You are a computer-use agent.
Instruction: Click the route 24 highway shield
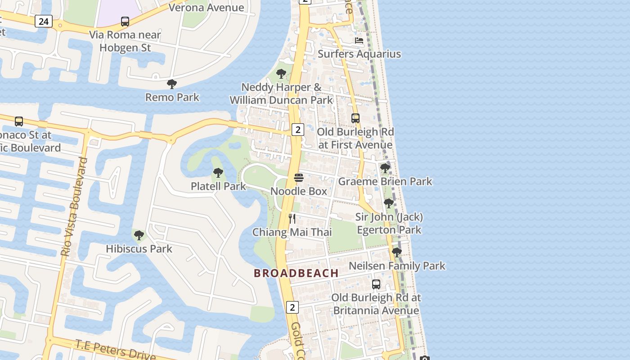coord(43,21)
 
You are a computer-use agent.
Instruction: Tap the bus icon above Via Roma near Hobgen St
coord(125,21)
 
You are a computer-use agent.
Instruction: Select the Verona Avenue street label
coord(207,7)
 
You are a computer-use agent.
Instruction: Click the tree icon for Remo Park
coord(171,84)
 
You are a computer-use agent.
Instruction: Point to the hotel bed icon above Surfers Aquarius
coord(359,40)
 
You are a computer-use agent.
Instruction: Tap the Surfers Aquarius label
coord(359,54)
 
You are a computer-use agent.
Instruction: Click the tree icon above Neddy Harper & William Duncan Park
coord(281,73)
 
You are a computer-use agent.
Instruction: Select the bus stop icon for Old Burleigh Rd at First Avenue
coord(355,118)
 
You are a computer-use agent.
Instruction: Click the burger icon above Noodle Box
coord(298,178)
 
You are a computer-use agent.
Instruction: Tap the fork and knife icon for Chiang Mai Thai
coord(292,219)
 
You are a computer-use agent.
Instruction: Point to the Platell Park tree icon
coord(218,172)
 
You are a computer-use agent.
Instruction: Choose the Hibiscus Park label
coord(139,248)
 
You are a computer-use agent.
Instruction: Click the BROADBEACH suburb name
coord(296,273)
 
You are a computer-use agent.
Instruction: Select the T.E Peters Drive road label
coord(115,351)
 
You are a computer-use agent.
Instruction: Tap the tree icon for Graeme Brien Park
coord(385,168)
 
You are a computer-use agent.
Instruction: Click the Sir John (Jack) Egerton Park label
coord(389,224)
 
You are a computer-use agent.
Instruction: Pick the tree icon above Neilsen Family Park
coord(396,252)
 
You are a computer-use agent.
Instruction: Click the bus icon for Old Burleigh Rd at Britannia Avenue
coord(376,284)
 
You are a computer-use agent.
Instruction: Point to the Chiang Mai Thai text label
coord(292,232)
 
